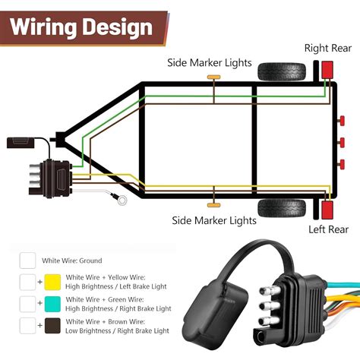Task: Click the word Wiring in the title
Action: (46, 28)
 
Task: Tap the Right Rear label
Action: (327, 48)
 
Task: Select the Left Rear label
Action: (327, 229)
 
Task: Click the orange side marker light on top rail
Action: (215, 78)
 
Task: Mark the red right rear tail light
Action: (327, 70)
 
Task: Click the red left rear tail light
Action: (327, 208)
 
